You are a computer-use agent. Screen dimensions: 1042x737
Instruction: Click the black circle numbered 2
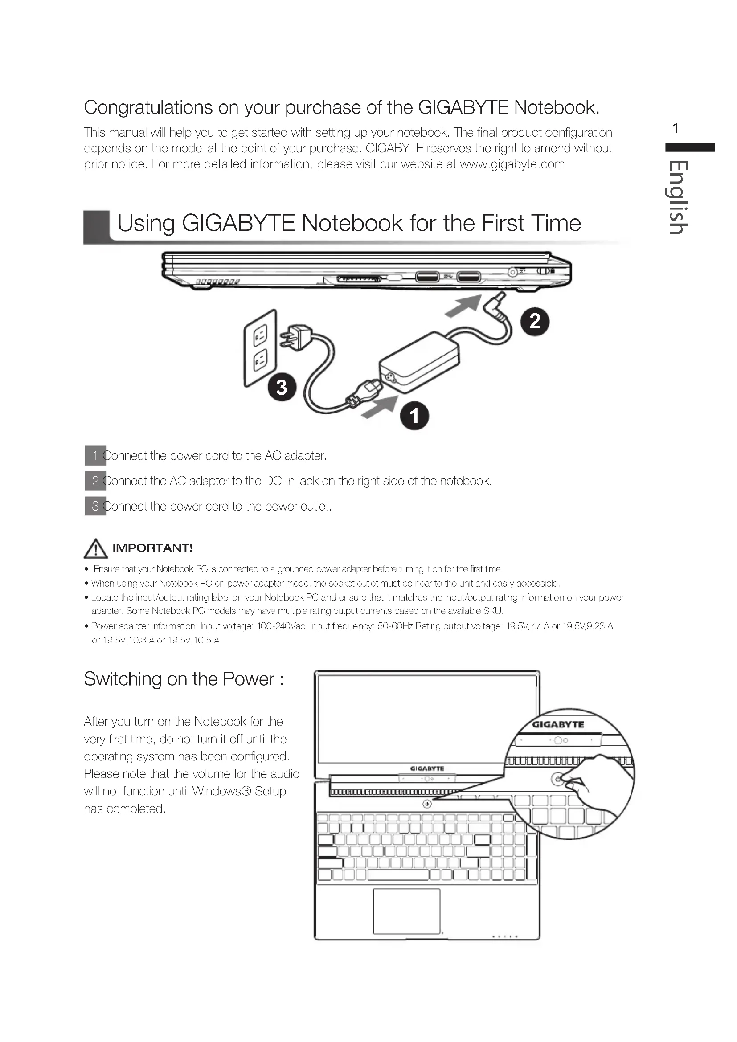pyautogui.click(x=535, y=321)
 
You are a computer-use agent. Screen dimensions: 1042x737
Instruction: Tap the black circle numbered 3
pyautogui.click(x=282, y=387)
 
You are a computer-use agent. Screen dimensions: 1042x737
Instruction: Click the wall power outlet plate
pyautogui.click(x=261, y=348)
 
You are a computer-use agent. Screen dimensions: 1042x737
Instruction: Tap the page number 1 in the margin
pyautogui.click(x=675, y=128)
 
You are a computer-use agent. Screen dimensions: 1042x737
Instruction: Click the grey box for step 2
pyautogui.click(x=95, y=481)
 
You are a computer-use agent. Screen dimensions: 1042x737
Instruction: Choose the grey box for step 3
pyautogui.click(x=95, y=506)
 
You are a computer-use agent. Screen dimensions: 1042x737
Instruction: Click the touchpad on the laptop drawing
pyautogui.click(x=407, y=911)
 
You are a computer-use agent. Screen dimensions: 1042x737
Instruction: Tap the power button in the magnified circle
pyautogui.click(x=558, y=779)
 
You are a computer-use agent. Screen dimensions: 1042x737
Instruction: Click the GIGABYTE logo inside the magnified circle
pyautogui.click(x=558, y=724)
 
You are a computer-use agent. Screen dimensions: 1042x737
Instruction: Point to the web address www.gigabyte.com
pyautogui.click(x=512, y=164)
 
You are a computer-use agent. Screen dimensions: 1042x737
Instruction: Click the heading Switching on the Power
pyautogui.click(x=184, y=679)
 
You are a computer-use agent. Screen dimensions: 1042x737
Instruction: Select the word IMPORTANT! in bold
pyautogui.click(x=152, y=548)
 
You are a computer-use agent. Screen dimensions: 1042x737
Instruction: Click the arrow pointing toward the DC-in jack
pyautogui.click(x=463, y=306)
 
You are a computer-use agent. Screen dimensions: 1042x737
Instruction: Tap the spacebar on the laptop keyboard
pyautogui.click(x=398, y=874)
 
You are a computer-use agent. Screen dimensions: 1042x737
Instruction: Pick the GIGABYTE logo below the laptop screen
pyautogui.click(x=427, y=768)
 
